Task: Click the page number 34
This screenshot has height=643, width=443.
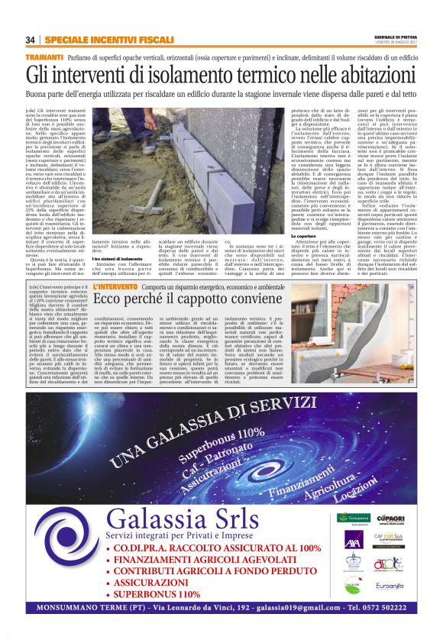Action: [30, 40]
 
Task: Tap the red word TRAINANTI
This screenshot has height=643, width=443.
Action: [44, 58]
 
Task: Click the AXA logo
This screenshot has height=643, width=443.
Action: [353, 544]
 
